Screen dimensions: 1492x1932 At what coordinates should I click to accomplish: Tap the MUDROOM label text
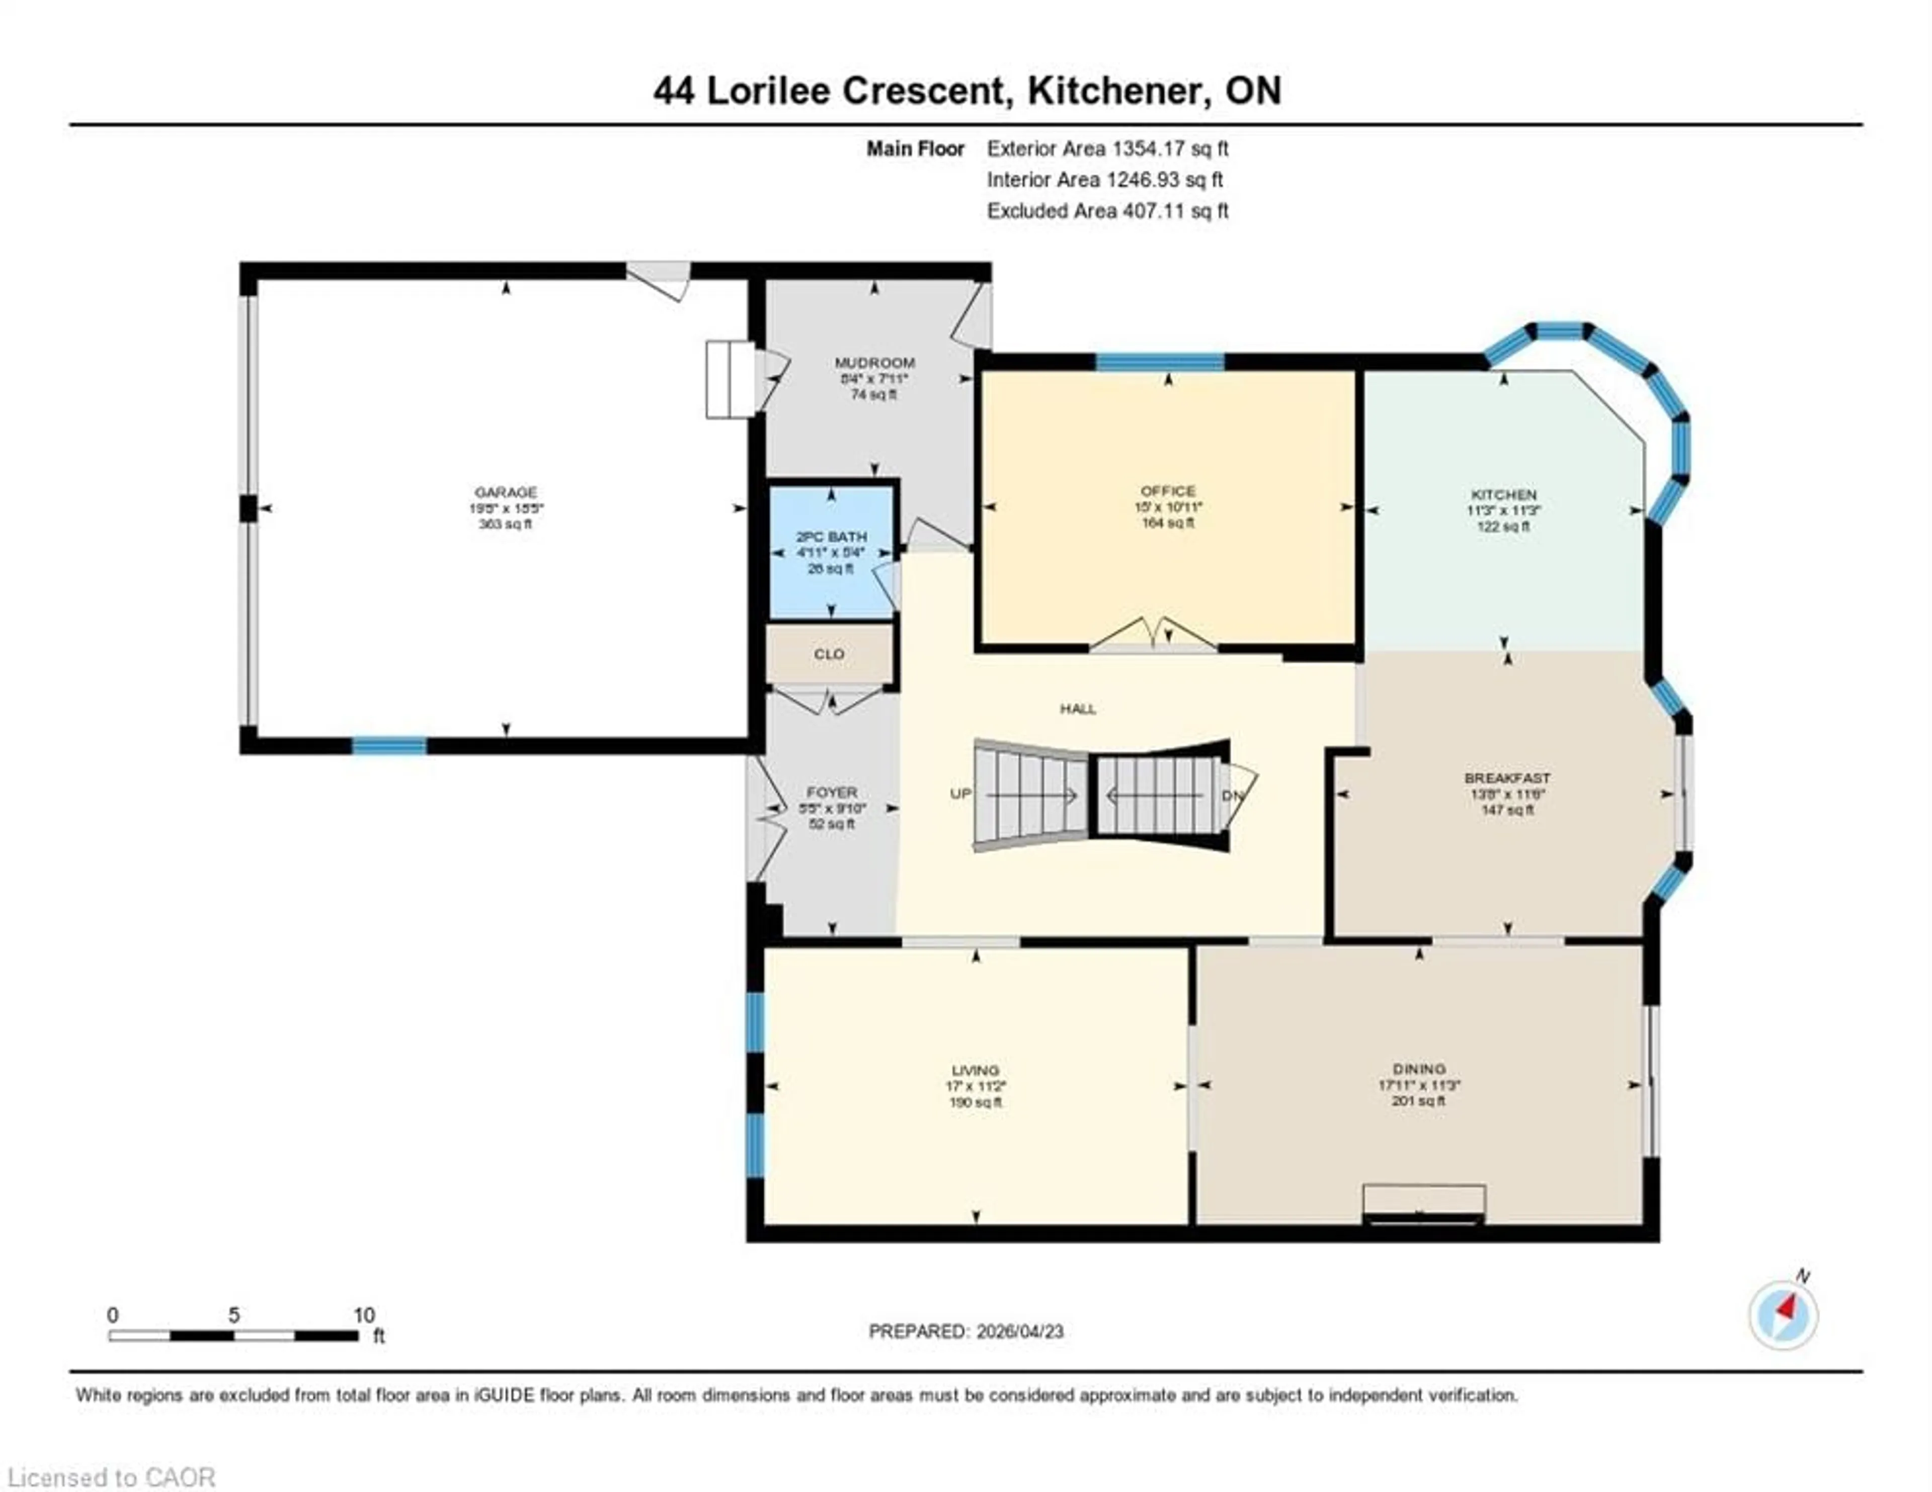(x=874, y=363)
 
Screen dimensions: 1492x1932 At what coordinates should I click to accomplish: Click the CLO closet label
(x=829, y=654)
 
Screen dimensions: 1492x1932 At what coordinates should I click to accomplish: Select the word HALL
(x=1078, y=709)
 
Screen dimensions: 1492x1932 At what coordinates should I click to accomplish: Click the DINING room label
(x=1418, y=1069)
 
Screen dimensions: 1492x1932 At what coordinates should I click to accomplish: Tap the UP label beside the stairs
(x=960, y=794)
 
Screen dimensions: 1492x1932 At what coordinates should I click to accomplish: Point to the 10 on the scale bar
(x=364, y=1315)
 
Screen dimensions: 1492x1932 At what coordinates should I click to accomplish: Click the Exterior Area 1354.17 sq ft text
(x=1107, y=148)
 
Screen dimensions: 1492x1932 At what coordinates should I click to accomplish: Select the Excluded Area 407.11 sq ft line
(x=1107, y=211)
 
